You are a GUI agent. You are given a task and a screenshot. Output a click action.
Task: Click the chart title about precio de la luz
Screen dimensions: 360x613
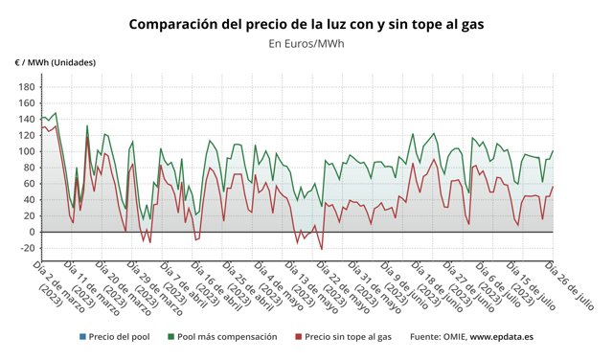(306, 23)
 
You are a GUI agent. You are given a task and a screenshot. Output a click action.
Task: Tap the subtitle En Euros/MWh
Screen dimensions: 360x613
(306, 43)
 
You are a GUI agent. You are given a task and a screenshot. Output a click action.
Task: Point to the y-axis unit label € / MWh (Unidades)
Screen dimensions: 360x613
(55, 62)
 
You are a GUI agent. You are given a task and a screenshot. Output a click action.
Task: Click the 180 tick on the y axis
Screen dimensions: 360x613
(26, 87)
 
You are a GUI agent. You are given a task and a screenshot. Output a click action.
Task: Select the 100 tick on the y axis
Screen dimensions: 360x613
(26, 151)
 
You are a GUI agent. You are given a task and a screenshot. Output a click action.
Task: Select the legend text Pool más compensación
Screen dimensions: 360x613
(227, 337)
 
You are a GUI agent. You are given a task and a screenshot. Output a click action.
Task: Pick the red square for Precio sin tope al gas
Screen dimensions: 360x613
(298, 337)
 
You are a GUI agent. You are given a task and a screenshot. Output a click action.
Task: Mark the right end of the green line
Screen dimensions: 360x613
(553, 151)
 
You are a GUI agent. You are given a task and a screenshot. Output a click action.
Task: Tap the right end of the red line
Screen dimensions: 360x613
(553, 188)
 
